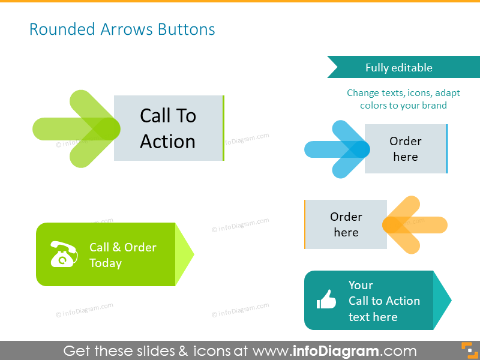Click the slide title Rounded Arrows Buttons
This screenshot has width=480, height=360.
pyautogui.click(x=122, y=29)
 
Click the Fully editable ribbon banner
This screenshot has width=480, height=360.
pyautogui.click(x=398, y=67)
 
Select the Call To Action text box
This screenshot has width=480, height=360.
pyautogui.click(x=168, y=128)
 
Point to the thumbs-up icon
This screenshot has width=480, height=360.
pyautogui.click(x=326, y=299)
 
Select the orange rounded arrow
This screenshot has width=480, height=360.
pyautogui.click(x=413, y=224)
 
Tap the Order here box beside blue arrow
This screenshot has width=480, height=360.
pyautogui.click(x=406, y=149)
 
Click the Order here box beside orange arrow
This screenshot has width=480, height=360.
pyautogui.click(x=346, y=224)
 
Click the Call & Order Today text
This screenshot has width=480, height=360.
pyautogui.click(x=122, y=255)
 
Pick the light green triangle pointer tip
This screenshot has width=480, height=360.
pyautogui.click(x=184, y=254)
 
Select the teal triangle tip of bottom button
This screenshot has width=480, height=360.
pyautogui.click(x=442, y=300)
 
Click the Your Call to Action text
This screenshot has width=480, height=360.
pyautogui.click(x=384, y=301)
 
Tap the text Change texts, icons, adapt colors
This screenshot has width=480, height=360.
pyautogui.click(x=403, y=99)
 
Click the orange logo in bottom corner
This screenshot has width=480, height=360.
pyautogui.click(x=467, y=350)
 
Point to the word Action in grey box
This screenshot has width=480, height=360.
pyautogui.click(x=168, y=142)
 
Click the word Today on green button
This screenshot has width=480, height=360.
pyautogui.click(x=106, y=263)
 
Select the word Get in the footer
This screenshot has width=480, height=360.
pyautogui.click(x=77, y=350)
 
